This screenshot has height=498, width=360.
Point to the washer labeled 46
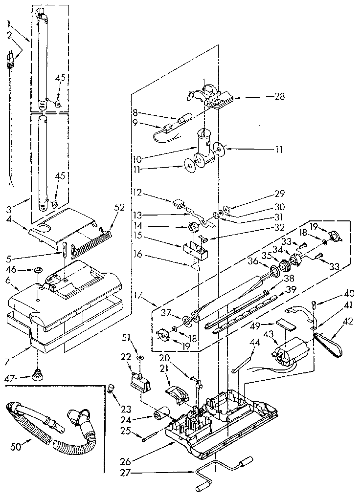[x=38, y=269]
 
